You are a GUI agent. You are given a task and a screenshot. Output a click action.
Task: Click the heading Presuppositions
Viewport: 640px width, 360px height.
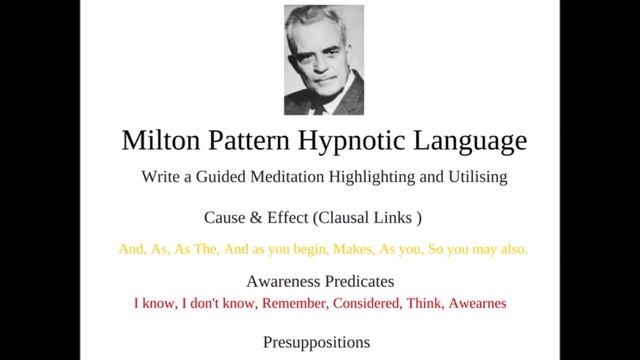(x=316, y=342)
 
